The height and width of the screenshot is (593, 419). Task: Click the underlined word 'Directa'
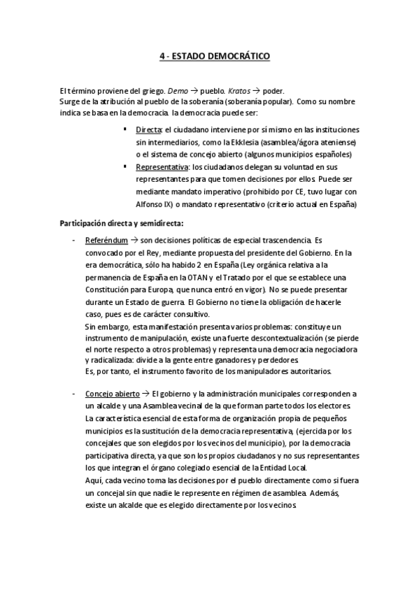[148, 131]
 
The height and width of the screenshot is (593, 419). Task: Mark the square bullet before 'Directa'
[125, 130]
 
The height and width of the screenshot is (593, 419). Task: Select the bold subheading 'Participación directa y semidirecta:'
[122, 224]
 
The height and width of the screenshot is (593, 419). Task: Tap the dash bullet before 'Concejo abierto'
[75, 394]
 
